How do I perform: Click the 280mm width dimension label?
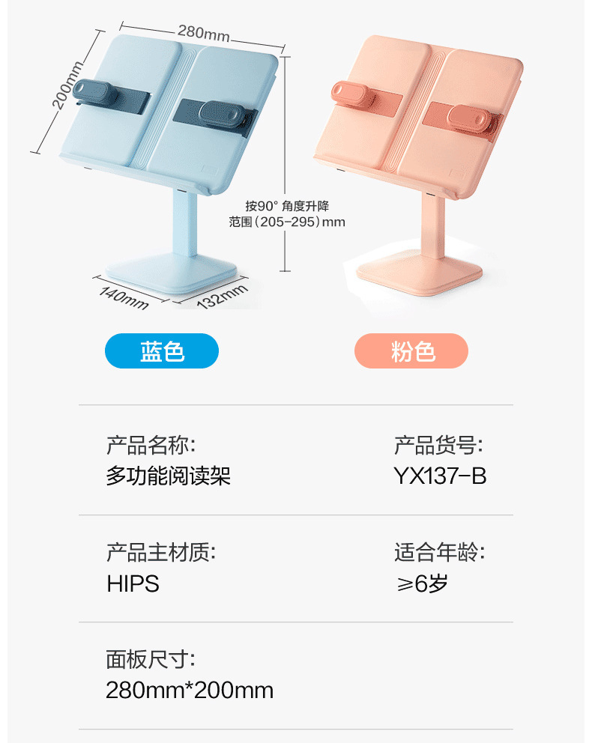(203, 33)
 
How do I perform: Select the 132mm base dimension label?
(223, 296)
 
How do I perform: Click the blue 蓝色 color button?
(162, 351)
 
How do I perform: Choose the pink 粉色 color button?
(411, 351)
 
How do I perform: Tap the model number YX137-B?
(440, 476)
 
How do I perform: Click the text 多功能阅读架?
(169, 476)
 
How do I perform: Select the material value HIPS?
(133, 584)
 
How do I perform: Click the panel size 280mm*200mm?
(190, 691)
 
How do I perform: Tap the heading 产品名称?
(151, 446)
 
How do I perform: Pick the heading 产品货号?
(438, 446)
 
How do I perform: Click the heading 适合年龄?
(439, 554)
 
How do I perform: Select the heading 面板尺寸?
(151, 660)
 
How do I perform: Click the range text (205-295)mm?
(288, 222)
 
